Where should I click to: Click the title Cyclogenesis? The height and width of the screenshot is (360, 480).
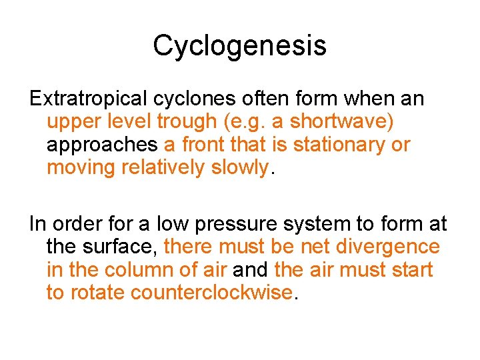[239, 45]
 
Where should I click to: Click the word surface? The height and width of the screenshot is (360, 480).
[122, 247]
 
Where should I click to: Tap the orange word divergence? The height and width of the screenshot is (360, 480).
[388, 247]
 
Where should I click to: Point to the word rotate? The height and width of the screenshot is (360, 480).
[98, 292]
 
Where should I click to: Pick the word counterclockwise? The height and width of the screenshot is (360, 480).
[212, 292]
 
